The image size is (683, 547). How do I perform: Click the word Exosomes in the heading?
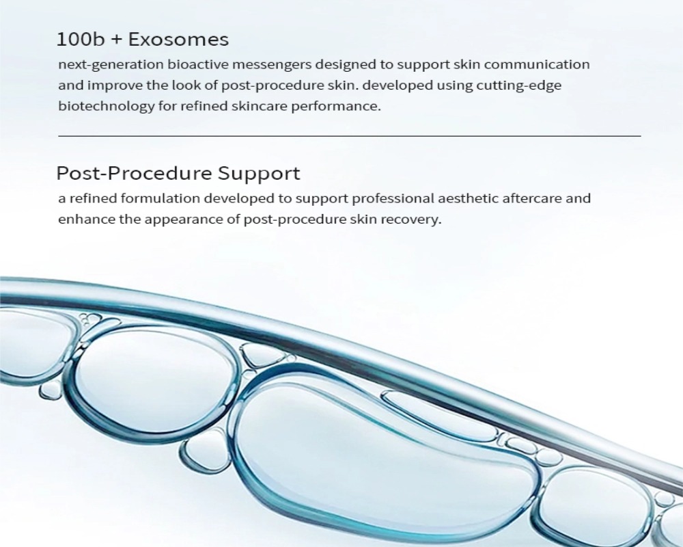pos(178,39)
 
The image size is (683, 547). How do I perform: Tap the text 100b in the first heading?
pos(81,39)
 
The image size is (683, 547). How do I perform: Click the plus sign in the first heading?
pos(117,40)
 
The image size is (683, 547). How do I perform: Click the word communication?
pos(537,64)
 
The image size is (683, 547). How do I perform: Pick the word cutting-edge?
pos(519,86)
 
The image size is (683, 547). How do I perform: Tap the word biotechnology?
pos(107,107)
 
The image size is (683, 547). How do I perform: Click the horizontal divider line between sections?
pos(349,136)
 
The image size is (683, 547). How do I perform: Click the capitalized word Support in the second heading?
pos(259,174)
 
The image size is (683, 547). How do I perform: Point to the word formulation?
pos(160,198)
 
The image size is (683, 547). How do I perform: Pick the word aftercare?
pos(531,198)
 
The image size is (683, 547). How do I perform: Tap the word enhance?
pos(86,219)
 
